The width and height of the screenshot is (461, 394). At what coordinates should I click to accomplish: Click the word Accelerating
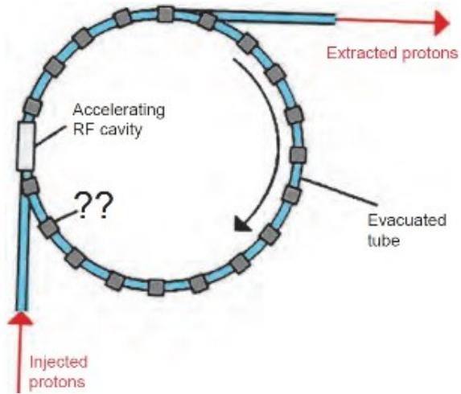pyautogui.click(x=119, y=111)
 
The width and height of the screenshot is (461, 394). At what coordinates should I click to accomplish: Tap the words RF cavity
pyautogui.click(x=107, y=129)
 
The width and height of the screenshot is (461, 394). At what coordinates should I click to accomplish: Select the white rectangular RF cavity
pyautogui.click(x=26, y=146)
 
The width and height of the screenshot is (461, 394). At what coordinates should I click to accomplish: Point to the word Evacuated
pyautogui.click(x=407, y=220)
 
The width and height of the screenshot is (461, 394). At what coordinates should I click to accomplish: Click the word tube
pyautogui.click(x=384, y=240)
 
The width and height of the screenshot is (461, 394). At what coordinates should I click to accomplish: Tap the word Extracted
pyautogui.click(x=361, y=54)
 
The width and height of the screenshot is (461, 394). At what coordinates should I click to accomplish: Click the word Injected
pyautogui.click(x=59, y=363)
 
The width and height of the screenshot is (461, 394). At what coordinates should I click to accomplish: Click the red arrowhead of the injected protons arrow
pyautogui.click(x=21, y=318)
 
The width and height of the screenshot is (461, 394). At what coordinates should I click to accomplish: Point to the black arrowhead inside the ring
pyautogui.click(x=243, y=224)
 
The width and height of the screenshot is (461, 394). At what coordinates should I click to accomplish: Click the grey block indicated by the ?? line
pyautogui.click(x=48, y=228)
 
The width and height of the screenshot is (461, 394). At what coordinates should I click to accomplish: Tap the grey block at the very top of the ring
pyautogui.click(x=165, y=14)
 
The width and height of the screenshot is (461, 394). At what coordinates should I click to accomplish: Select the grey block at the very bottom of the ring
pyautogui.click(x=156, y=287)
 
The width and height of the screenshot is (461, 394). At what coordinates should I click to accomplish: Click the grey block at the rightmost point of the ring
pyautogui.click(x=298, y=154)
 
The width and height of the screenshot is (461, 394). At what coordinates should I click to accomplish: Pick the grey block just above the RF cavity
pyautogui.click(x=32, y=106)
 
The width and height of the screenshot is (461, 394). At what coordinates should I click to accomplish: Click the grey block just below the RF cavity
pyautogui.click(x=29, y=186)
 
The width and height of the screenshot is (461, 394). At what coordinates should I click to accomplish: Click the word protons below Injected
pyautogui.click(x=57, y=382)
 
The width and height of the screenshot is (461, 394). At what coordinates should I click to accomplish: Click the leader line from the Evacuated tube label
pyautogui.click(x=339, y=191)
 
